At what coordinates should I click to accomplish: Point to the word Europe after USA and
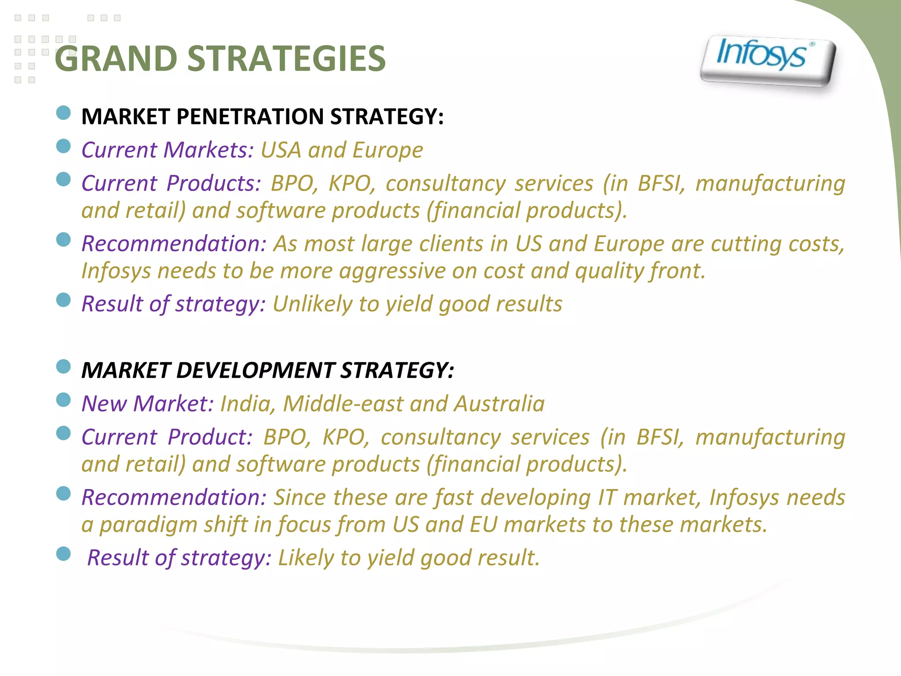(388, 150)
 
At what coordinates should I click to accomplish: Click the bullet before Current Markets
(64, 146)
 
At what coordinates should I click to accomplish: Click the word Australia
(499, 404)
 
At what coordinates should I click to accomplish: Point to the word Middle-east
(343, 404)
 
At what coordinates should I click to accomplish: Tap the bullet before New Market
(64, 400)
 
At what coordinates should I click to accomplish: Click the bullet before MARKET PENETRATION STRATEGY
(64, 113)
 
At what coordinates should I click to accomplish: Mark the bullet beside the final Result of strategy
(64, 554)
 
